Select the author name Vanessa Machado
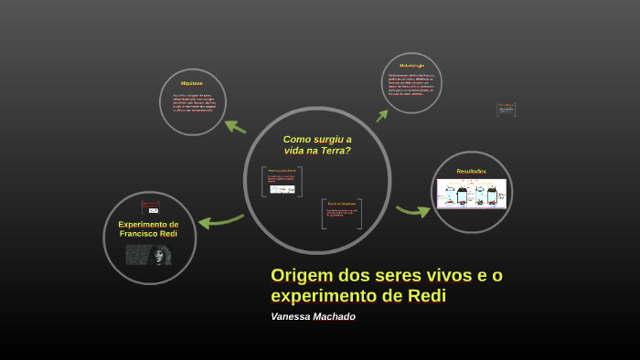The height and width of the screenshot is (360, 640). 313,317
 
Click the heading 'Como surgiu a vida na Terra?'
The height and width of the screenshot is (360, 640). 316,144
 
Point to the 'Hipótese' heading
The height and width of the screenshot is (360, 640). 192,83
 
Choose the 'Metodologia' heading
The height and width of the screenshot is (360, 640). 411,65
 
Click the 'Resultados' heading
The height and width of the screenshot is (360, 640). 471,171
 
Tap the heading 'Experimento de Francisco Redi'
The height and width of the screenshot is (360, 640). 148,228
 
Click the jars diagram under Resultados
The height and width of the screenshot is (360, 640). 471,194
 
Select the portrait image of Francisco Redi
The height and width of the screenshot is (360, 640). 149,254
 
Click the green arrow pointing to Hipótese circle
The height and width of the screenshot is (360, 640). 235,126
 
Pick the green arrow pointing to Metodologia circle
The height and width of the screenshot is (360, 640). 382,115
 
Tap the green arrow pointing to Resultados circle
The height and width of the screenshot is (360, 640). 413,211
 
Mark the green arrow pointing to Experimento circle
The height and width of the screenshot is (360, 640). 219,220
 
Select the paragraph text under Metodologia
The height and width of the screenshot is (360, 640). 411,84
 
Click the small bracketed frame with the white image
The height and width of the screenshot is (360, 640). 282,182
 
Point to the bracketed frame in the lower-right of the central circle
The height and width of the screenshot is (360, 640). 342,214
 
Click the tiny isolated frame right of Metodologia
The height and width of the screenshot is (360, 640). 506,110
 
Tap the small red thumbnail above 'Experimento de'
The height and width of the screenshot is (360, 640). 145,207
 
